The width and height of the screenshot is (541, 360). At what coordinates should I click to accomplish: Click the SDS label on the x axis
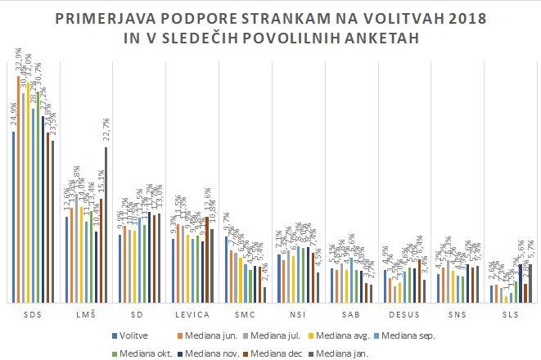click(34, 314)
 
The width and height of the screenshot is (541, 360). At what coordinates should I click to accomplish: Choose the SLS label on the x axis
click(510, 314)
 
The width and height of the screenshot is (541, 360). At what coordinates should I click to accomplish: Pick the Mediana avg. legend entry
click(354, 335)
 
